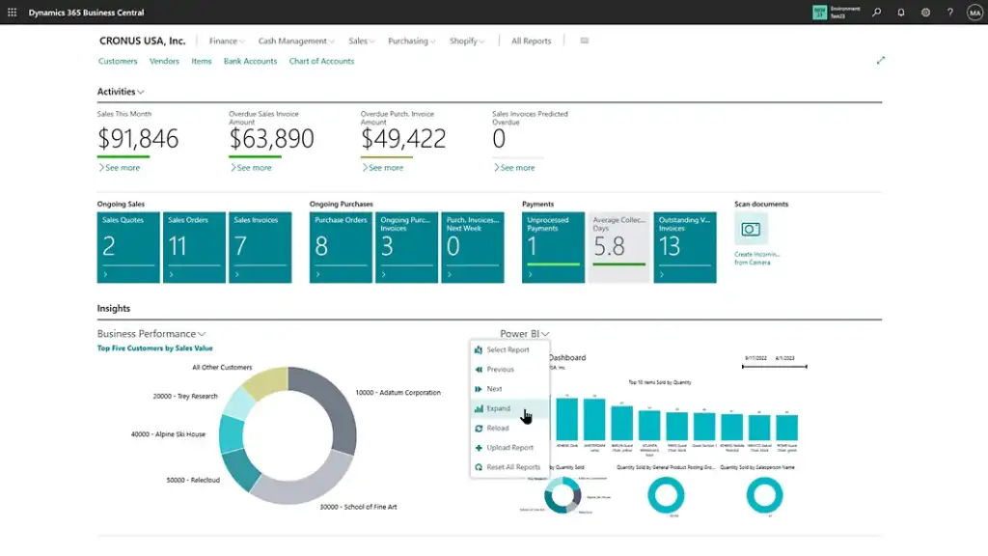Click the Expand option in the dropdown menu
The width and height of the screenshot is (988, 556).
499,408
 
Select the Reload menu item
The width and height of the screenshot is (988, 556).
498,428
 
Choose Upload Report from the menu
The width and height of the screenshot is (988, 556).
509,448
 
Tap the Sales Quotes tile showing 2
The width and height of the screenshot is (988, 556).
128,248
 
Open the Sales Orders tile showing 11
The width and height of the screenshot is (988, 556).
194,248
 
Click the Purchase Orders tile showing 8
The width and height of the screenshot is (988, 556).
341,248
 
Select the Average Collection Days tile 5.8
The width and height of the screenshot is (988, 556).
618,248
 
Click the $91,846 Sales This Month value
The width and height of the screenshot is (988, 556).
138,139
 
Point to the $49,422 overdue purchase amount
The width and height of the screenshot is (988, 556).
403,139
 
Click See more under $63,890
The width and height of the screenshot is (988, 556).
254,168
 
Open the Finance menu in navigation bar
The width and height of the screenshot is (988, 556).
227,42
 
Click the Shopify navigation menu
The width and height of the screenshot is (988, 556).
467,42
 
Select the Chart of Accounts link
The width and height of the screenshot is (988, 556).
321,62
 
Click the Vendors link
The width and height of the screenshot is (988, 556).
164,62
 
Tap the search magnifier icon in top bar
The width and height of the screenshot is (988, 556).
876,13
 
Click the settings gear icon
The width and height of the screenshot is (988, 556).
925,13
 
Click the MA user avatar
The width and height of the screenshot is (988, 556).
974,13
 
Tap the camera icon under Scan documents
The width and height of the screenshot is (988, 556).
751,230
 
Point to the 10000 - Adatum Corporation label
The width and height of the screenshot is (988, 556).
398,393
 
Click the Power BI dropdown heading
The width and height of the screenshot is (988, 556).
524,334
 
